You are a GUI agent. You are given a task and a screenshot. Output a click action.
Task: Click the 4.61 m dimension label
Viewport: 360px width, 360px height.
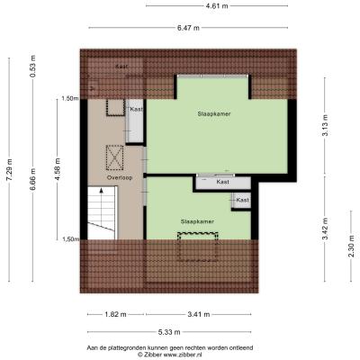217,5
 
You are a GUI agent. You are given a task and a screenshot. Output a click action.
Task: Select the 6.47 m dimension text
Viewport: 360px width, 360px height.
188,28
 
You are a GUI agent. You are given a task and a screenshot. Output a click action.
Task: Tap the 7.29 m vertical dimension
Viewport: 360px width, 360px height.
9,169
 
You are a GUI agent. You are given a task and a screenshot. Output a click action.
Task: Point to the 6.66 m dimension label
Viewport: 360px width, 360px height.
32,179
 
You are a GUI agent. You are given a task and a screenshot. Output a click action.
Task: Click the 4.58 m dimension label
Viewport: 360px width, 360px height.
58,169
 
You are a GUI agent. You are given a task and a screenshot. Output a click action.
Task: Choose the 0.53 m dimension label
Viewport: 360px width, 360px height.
32,67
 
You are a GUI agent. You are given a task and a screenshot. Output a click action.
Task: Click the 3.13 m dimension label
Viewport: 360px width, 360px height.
325,125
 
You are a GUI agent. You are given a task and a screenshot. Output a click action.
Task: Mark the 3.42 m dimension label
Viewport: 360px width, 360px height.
325,229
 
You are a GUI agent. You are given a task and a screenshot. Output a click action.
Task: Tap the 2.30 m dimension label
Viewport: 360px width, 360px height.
351,246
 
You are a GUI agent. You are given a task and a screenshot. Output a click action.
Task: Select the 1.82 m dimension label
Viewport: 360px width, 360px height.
115,314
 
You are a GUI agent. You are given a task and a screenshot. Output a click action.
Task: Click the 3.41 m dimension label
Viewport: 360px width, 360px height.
198,314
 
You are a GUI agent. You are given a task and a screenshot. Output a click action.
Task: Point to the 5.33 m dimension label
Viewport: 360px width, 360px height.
169,332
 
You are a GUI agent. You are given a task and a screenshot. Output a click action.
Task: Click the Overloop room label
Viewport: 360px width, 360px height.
120,177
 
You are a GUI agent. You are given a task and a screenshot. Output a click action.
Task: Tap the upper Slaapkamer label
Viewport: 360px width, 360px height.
214,114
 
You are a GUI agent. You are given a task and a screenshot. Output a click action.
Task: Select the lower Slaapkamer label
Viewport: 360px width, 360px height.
197,221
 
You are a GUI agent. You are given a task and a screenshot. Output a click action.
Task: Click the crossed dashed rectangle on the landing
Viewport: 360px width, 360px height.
114,157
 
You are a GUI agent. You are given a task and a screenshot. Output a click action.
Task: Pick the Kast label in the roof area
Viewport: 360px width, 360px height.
122,67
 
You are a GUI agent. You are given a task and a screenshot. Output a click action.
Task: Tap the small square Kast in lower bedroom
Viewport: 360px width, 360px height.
241,200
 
